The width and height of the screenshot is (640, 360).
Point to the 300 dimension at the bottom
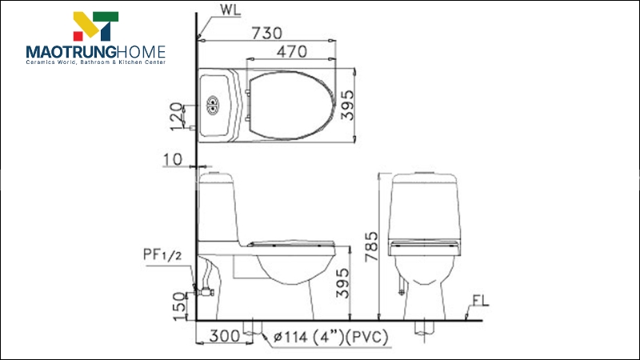[x=225, y=337]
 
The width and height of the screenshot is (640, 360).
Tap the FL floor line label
[x=480, y=301]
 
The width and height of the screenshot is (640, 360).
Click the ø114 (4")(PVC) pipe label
[x=330, y=338]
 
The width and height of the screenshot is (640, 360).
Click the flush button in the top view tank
[x=214, y=104]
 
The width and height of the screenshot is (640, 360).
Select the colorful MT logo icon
[x=96, y=26]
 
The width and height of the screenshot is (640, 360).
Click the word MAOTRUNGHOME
[x=95, y=52]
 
